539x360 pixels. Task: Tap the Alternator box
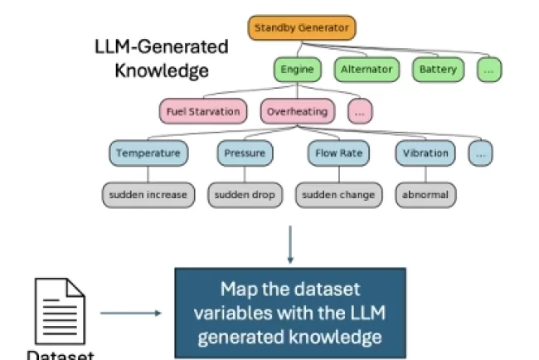click(366, 70)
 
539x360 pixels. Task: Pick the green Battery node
click(437, 70)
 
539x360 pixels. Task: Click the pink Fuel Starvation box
click(203, 111)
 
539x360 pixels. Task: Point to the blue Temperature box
click(148, 153)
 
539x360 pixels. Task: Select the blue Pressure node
click(245, 153)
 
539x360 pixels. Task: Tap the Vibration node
click(426, 153)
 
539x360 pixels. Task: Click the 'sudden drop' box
click(245, 195)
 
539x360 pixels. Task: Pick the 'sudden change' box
click(337, 195)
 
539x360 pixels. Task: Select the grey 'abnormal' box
click(426, 195)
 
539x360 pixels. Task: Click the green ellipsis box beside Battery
click(489, 70)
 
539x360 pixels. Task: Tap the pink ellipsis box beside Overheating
click(359, 111)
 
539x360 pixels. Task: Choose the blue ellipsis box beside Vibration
click(480, 153)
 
